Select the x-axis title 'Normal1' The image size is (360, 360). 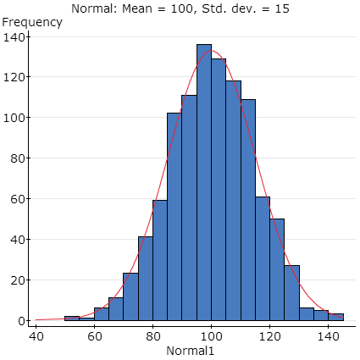click(190, 350)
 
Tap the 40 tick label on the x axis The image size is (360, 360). click(37, 335)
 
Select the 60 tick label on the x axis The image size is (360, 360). click(94, 335)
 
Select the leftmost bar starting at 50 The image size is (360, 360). click(72, 319)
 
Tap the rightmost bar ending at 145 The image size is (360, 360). click(336, 318)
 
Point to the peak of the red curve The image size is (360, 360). click(212, 51)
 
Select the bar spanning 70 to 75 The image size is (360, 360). click(130, 297)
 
